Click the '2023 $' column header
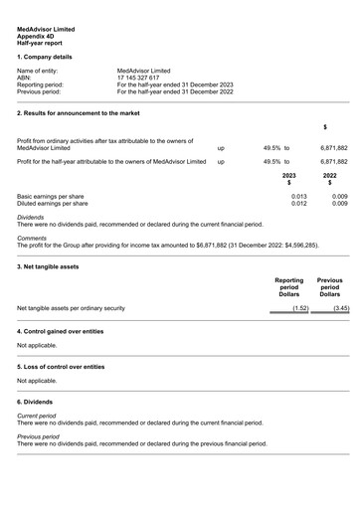coord(288,178)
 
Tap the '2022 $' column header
coord(329,178)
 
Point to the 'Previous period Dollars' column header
coord(329,287)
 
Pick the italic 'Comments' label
coord(32,238)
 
